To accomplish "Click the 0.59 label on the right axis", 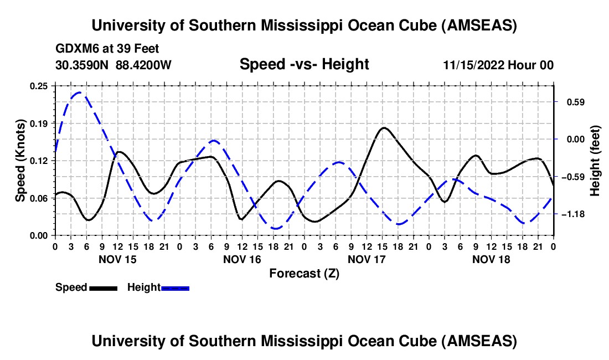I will pos(572,102).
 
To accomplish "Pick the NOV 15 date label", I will pos(117,259).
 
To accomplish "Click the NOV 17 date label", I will pos(366,259).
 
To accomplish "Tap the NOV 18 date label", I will pos(491,259).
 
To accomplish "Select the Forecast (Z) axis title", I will pos(304,273).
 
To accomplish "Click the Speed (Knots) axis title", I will pos(20,160).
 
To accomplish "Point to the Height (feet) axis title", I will pos(595,160).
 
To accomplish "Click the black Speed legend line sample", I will pos(102,288).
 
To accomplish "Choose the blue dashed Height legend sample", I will pos(175,288).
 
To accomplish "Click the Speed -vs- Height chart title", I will pos(304,65).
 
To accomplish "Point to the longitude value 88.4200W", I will pos(143,65).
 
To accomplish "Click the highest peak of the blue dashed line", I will pos(79,92).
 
